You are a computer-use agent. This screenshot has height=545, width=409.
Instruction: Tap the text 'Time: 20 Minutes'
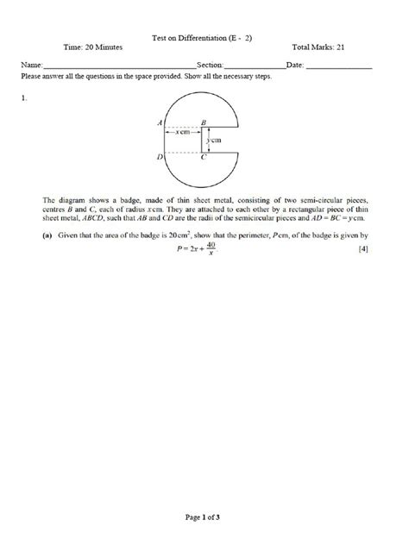[x=92, y=47]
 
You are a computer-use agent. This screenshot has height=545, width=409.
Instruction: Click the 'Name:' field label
[x=30, y=66]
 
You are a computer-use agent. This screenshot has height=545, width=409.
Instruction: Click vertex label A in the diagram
[x=160, y=123]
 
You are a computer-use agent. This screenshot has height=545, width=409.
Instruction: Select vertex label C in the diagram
[x=204, y=159]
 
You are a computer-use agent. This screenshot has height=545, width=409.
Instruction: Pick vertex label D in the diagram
[x=160, y=158]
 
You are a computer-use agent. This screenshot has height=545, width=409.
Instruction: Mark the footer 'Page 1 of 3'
[x=204, y=517]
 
